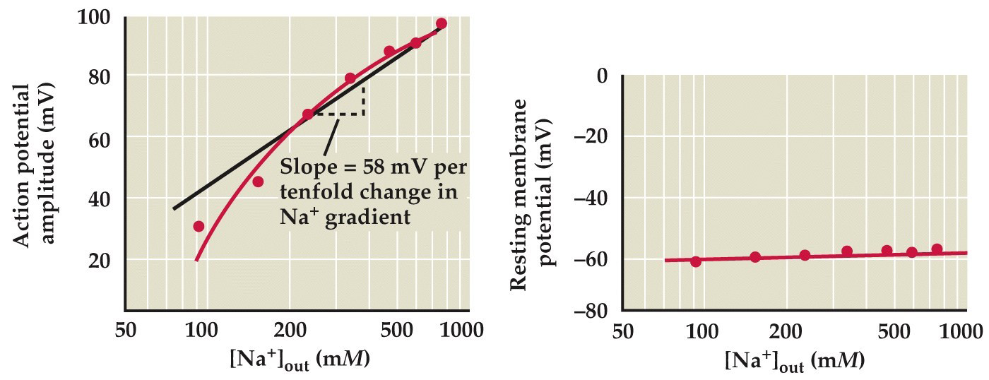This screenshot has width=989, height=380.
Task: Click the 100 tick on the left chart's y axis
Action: [95, 16]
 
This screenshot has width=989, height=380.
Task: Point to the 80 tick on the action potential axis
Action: [100, 76]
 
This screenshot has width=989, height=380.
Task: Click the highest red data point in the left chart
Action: [442, 23]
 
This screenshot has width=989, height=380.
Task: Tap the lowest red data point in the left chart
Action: [199, 226]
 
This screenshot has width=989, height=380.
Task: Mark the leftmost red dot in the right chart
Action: [696, 261]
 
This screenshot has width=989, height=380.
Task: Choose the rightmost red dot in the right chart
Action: [937, 249]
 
